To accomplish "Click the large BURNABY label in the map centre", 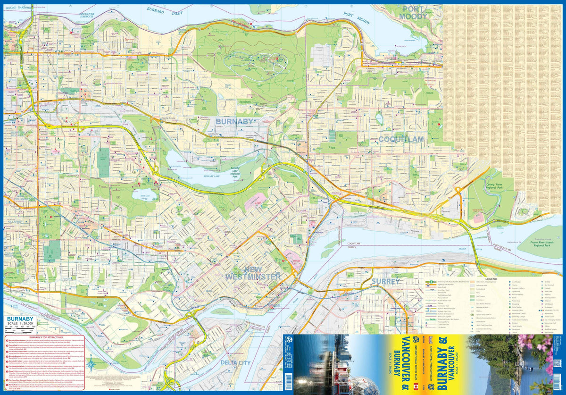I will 234,121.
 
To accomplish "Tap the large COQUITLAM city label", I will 400,139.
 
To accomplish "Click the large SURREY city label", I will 385,281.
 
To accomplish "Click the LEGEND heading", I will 488,279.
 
